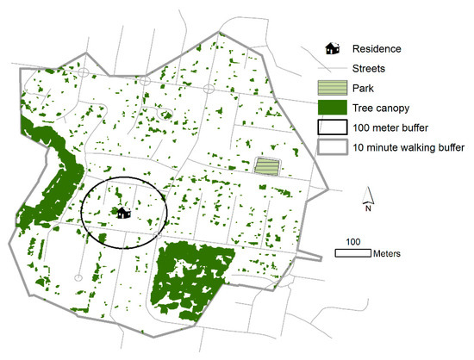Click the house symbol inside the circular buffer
(x=122, y=210)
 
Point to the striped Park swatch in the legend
(x=331, y=89)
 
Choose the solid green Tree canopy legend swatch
(x=331, y=109)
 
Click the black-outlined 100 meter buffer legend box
(x=331, y=127)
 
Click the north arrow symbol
(x=369, y=195)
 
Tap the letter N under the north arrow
(x=369, y=208)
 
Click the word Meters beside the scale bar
(x=387, y=253)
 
